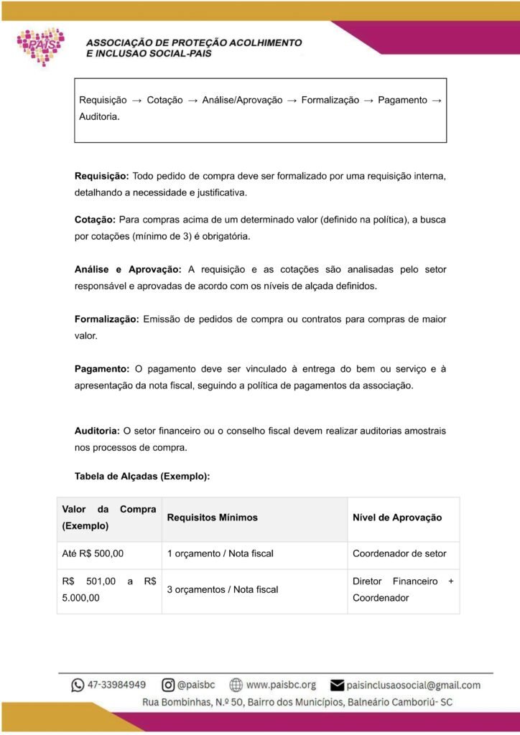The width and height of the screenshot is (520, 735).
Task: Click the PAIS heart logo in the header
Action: (x=42, y=46)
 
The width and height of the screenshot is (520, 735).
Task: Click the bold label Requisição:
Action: (x=102, y=176)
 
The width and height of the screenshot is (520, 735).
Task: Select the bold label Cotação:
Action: (x=95, y=219)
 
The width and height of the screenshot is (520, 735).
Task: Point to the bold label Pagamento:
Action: (x=102, y=369)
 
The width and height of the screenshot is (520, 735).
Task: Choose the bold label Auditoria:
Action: (x=97, y=431)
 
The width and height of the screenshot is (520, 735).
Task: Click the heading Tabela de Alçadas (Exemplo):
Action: (x=142, y=476)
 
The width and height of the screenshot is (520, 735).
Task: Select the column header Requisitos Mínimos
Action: (x=212, y=518)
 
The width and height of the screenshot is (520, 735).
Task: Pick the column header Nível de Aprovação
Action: (x=397, y=518)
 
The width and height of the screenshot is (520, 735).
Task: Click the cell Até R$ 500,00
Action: (x=93, y=553)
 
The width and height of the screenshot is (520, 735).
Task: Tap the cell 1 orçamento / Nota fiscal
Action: (x=220, y=553)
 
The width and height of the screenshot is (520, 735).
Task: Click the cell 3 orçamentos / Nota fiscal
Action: (x=222, y=589)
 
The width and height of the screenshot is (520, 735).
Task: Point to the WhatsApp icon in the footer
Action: (x=78, y=685)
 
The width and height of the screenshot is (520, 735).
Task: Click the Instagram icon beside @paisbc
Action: (x=168, y=685)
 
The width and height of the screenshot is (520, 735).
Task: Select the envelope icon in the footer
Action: (x=337, y=685)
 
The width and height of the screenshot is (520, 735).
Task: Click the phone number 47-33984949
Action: (x=117, y=685)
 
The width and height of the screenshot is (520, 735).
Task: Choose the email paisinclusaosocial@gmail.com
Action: (x=413, y=685)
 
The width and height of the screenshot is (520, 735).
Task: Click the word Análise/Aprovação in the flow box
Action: (x=242, y=100)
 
